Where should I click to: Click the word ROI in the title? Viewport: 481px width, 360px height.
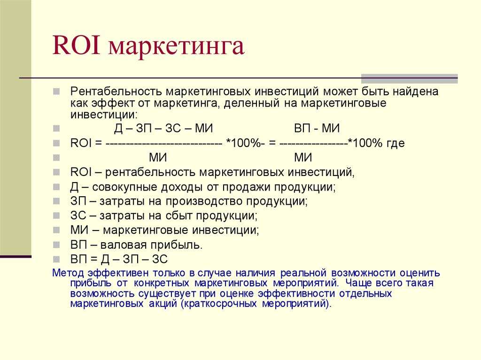click(77, 46)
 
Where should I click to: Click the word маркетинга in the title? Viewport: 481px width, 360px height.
click(177, 48)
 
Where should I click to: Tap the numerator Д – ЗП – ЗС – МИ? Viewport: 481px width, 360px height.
click(163, 128)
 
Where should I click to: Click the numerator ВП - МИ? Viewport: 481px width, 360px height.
click(317, 128)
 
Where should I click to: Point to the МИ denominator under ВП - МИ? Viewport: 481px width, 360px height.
click(303, 158)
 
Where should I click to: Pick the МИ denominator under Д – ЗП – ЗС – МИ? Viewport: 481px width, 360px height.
click(158, 158)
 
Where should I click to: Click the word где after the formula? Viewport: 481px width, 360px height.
click(396, 143)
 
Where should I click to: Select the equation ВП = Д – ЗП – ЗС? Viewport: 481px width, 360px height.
click(119, 260)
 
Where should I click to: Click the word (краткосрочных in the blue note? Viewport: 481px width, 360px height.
click(219, 304)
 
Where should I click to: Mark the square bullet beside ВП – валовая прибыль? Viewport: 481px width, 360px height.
click(56, 245)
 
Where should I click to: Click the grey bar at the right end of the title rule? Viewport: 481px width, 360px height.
click(409, 78)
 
